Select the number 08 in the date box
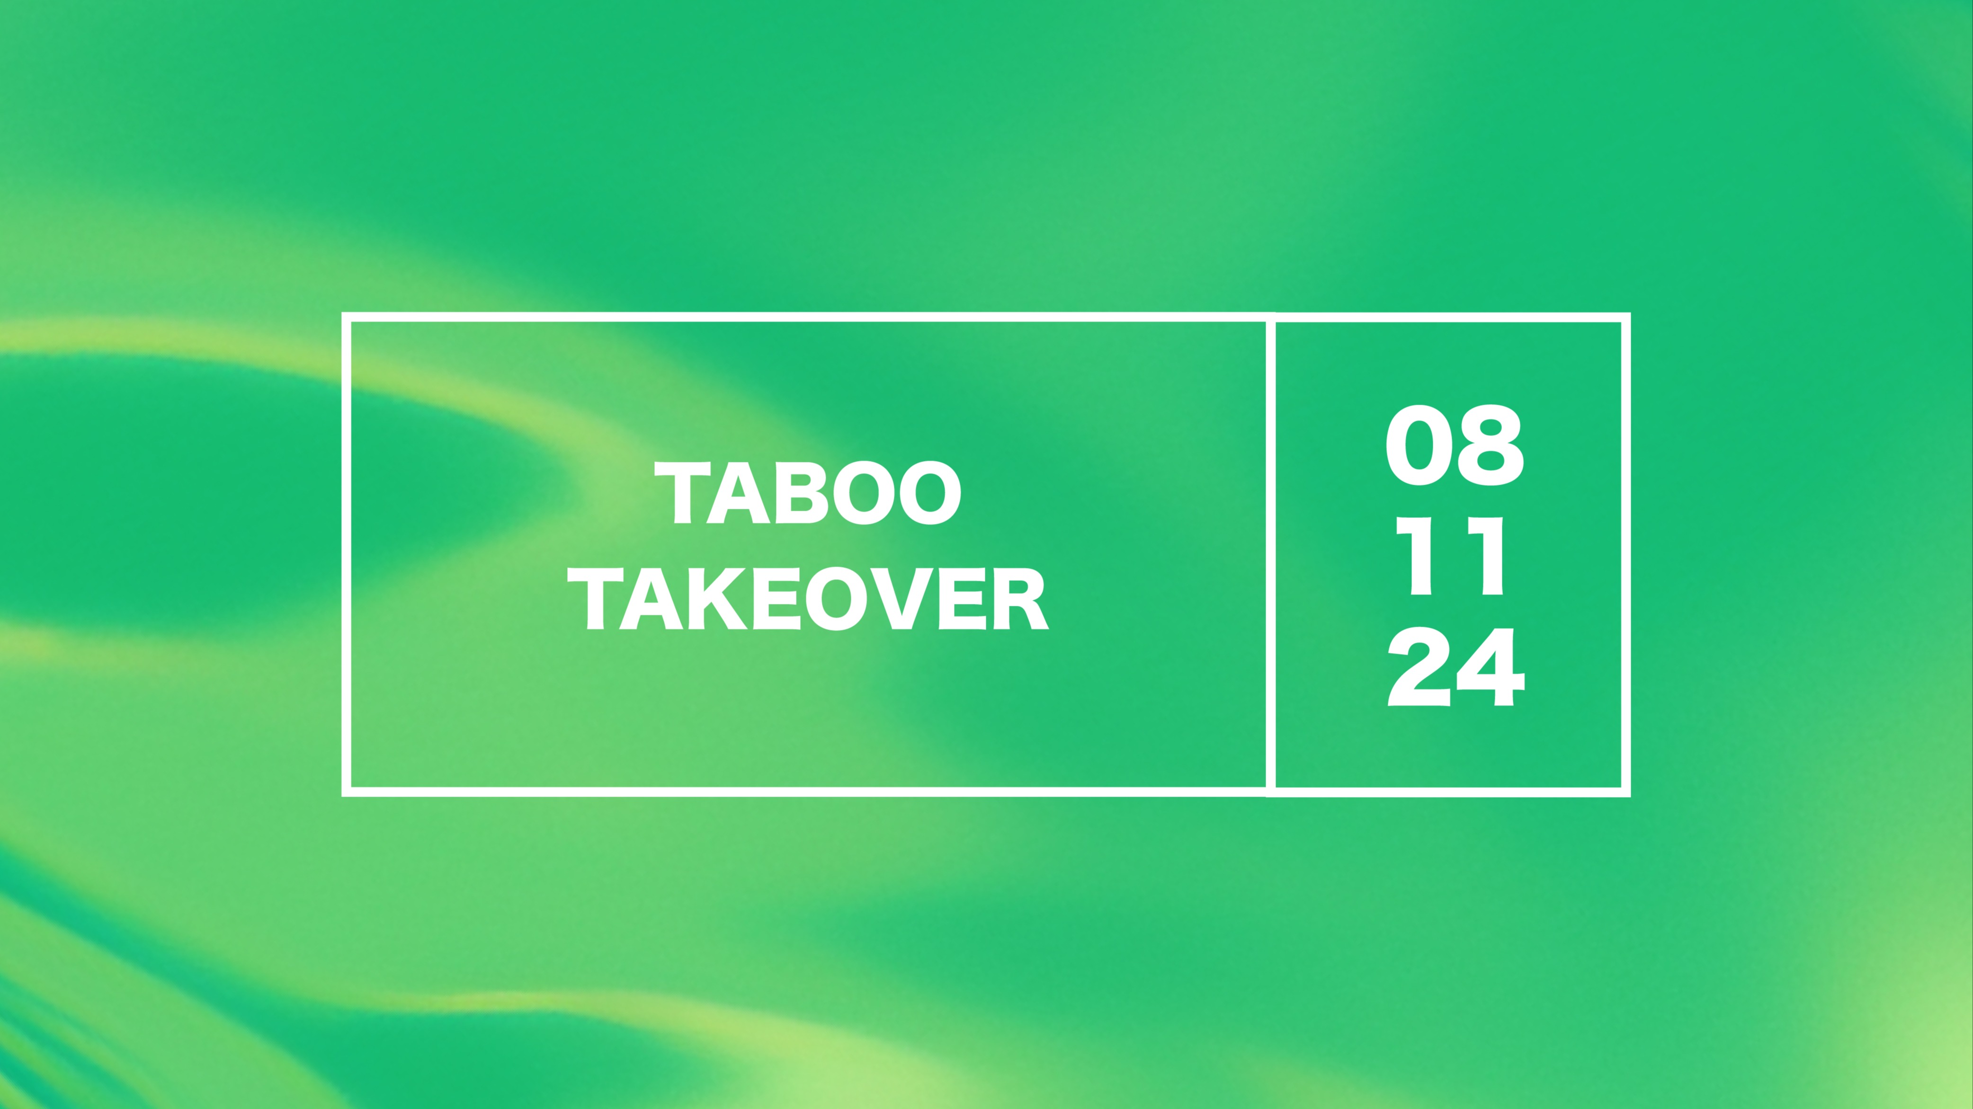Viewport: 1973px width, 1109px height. coord(1454,446)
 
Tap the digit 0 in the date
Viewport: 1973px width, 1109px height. coord(1419,446)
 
